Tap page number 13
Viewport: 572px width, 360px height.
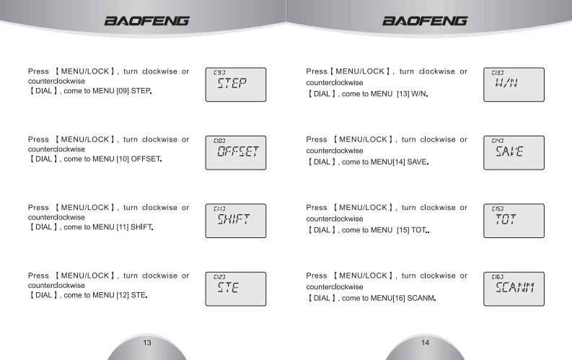point(146,322)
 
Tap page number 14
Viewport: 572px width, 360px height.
point(426,322)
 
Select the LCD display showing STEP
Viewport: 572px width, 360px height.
point(236,84)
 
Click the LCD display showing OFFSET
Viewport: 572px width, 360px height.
point(236,152)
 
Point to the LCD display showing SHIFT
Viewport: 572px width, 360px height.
point(236,221)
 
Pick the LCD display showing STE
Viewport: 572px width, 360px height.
point(236,289)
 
